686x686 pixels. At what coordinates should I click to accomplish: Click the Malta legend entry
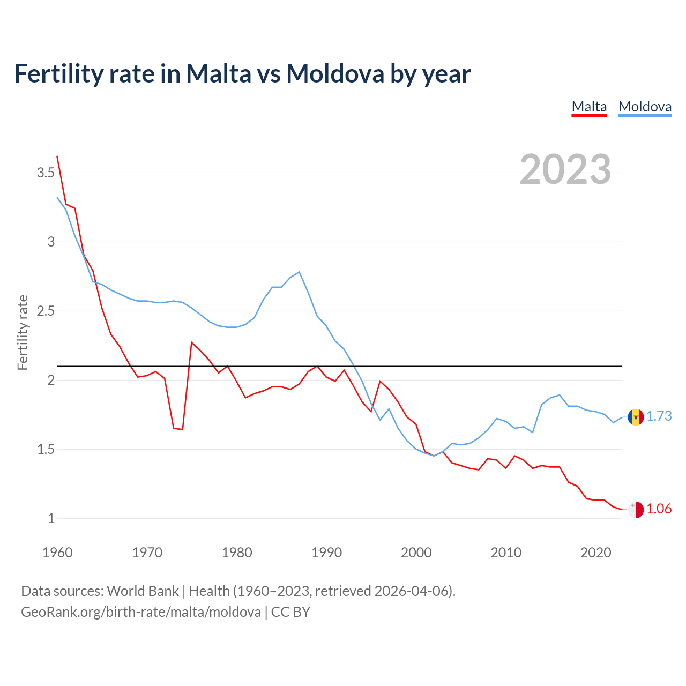(589, 107)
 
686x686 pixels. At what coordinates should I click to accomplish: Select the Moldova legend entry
(645, 107)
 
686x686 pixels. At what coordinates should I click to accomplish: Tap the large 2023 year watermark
(565, 169)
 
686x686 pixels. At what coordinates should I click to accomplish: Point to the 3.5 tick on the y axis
(46, 173)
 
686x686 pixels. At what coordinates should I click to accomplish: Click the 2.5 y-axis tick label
(46, 311)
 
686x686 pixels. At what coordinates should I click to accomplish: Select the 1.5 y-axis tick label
(46, 449)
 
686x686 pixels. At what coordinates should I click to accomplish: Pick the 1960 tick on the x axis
(57, 553)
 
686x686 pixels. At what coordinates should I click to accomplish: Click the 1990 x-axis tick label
(326, 553)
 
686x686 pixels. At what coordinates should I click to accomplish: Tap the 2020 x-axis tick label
(595, 553)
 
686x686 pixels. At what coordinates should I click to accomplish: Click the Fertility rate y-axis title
(23, 332)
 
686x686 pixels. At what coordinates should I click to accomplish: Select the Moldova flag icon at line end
(636, 416)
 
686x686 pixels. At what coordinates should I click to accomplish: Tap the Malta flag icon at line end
(636, 510)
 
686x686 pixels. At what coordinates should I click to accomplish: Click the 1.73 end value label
(659, 416)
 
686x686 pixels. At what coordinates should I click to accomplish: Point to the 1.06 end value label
(659, 509)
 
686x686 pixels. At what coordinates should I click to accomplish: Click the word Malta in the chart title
(218, 73)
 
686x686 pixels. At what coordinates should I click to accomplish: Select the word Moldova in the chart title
(335, 73)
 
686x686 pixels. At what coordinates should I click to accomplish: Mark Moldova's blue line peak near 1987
(299, 272)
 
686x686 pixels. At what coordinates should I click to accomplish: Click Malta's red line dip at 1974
(183, 429)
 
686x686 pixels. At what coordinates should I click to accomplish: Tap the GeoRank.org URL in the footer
(141, 612)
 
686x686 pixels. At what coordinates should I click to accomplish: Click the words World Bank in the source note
(143, 591)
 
